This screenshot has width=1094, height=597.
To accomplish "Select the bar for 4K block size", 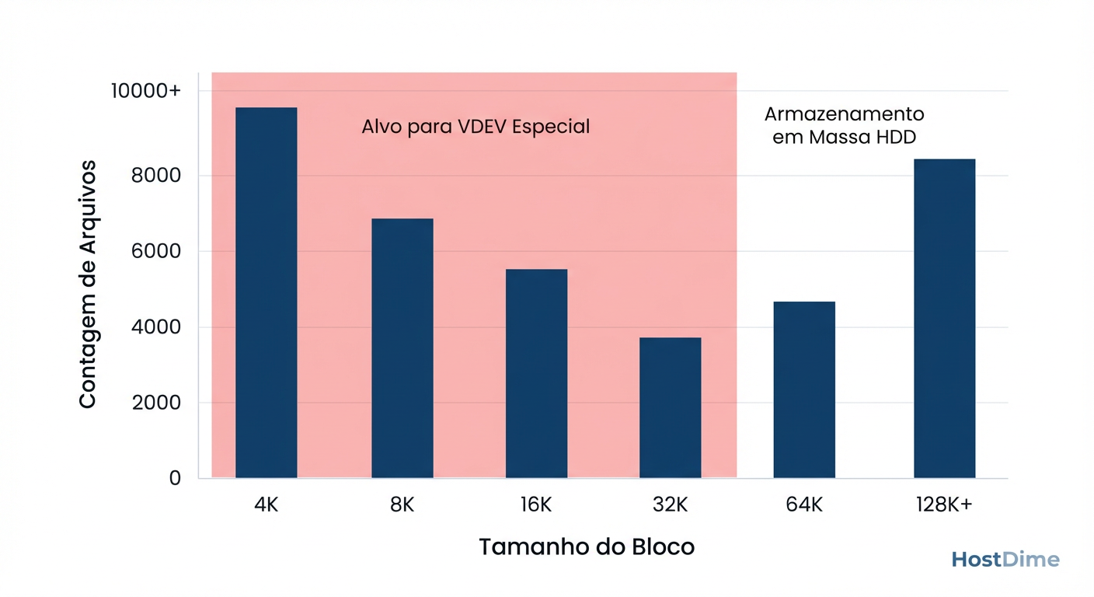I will (266, 292).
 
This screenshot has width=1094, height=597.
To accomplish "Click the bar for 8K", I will (402, 348).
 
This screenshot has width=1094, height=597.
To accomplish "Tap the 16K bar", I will (536, 373).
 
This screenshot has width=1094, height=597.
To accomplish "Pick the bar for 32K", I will (670, 407).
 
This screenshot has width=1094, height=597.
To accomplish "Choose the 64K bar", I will (804, 389).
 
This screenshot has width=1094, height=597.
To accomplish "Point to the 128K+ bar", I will (944, 318).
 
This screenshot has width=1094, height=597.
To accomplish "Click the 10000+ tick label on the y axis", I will (145, 91).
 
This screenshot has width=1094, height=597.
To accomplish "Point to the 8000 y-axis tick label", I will (156, 176).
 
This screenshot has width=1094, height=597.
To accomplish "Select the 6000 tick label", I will (156, 251).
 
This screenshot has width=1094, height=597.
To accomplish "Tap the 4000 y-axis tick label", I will (156, 327).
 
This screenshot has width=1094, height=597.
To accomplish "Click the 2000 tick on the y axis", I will (156, 403).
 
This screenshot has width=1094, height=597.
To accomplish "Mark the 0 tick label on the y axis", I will (174, 478).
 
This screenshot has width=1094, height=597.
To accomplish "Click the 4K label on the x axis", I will (266, 504).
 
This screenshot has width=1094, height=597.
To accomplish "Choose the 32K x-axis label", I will (670, 504).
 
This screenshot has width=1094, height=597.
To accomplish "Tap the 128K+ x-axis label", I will (944, 504).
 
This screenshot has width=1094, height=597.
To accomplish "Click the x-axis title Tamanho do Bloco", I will (587, 546).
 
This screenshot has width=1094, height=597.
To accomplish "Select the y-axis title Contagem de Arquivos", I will (88, 285).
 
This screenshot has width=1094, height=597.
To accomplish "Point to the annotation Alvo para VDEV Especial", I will (476, 126).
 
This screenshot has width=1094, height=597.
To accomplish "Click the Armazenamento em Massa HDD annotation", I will (845, 126).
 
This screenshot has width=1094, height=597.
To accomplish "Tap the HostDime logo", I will (1005, 560).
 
